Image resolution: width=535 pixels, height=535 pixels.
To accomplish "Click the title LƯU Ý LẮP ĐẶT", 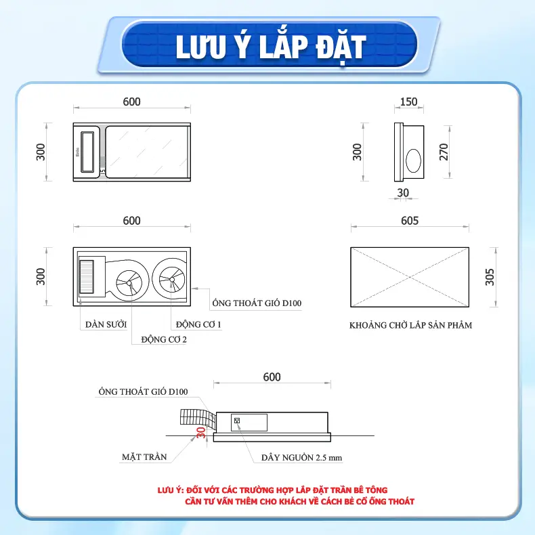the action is (x=271, y=47).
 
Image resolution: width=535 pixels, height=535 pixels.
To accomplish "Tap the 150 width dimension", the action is (x=409, y=102).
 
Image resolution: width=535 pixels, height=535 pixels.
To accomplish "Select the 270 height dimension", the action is (x=444, y=152).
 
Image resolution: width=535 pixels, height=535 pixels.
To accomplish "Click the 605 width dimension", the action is (x=410, y=221).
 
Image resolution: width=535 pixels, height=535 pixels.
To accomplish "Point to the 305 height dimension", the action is (x=490, y=277).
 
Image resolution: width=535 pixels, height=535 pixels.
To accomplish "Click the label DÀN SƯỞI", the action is (x=106, y=324).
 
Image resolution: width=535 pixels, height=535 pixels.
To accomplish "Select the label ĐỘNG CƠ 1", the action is (x=198, y=324).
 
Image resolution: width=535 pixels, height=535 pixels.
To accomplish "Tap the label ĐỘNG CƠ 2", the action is (x=164, y=339).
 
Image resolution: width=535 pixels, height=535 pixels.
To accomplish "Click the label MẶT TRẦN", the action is (x=144, y=457).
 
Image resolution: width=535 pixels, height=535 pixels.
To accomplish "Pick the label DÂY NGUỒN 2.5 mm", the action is (x=301, y=458).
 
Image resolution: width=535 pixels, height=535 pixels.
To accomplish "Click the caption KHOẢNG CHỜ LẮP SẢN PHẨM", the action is (x=411, y=325).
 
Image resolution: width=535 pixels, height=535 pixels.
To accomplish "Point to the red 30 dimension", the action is (x=201, y=432).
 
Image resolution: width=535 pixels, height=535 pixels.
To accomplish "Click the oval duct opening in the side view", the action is (x=413, y=160).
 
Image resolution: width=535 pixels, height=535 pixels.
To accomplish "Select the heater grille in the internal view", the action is (x=86, y=277).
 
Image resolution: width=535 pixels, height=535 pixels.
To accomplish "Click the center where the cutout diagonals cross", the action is (x=410, y=277).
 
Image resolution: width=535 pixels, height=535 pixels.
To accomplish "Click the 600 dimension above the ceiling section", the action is (x=272, y=377).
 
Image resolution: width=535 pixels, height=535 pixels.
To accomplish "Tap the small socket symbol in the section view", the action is (x=238, y=421).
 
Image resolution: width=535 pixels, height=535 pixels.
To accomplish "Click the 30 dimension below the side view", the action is (x=403, y=192).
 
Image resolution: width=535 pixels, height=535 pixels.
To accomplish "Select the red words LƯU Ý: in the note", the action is (x=171, y=490).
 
